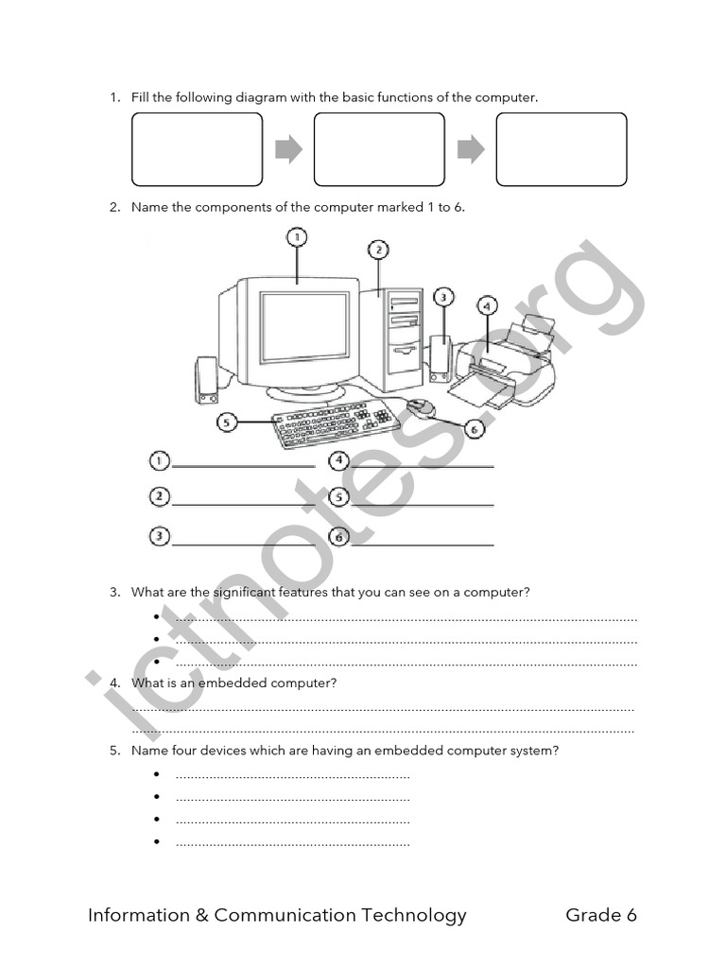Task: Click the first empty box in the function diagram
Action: [x=197, y=149]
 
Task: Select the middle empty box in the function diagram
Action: [x=378, y=149]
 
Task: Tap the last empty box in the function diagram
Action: [x=561, y=149]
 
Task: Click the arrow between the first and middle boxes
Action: [x=288, y=149]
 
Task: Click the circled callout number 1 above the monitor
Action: [x=297, y=236]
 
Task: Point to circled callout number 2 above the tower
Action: [x=378, y=250]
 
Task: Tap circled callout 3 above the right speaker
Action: [x=443, y=298]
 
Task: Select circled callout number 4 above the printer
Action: [x=486, y=306]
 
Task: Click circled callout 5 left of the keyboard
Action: [x=226, y=423]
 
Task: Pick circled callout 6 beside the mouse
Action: [x=475, y=428]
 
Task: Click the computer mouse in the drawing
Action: [x=422, y=407]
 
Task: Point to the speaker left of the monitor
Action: [x=206, y=380]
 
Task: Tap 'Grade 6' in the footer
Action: [x=600, y=915]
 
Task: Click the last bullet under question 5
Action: [x=153, y=841]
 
